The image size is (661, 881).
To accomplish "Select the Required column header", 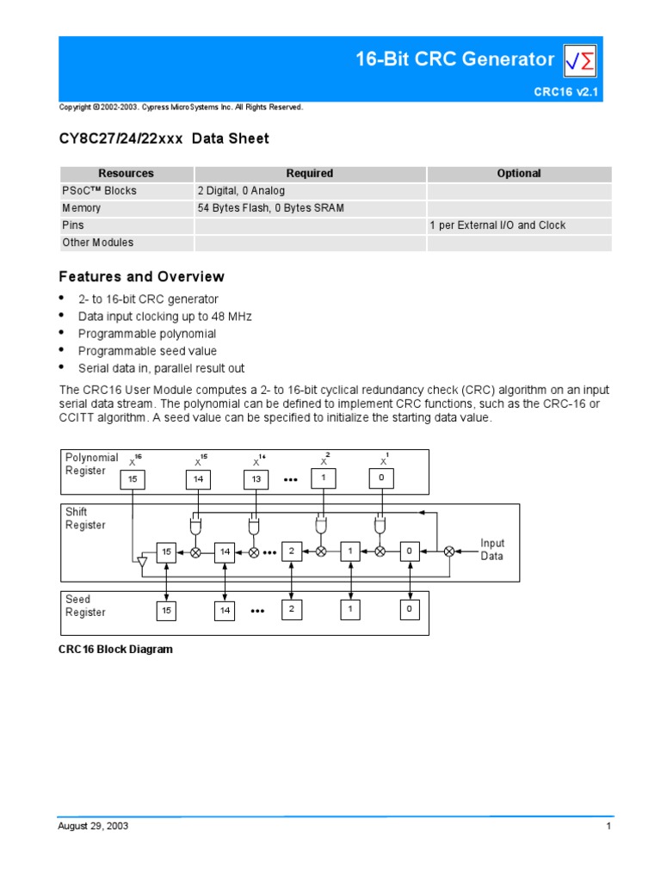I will click(310, 173).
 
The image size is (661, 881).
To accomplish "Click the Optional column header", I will click(519, 173).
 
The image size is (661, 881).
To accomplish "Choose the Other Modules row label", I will click(97, 243).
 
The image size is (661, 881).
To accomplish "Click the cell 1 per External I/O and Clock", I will click(497, 225).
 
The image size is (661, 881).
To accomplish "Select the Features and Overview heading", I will click(141, 277).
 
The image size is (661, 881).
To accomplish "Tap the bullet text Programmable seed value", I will click(147, 351).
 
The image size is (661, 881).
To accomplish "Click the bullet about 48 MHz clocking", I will click(164, 317).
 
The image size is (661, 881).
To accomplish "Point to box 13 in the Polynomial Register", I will click(256, 478).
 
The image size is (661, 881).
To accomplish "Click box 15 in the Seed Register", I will click(167, 610).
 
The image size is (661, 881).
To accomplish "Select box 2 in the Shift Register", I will click(293, 551).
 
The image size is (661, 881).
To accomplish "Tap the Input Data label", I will click(492, 550).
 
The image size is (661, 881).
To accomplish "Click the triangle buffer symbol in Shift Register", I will click(143, 562).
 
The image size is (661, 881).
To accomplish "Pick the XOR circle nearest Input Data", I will click(448, 551).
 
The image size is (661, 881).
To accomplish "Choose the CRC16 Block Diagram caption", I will click(115, 650).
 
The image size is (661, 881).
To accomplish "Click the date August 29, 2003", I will click(93, 826).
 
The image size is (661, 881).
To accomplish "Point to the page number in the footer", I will click(608, 826).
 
